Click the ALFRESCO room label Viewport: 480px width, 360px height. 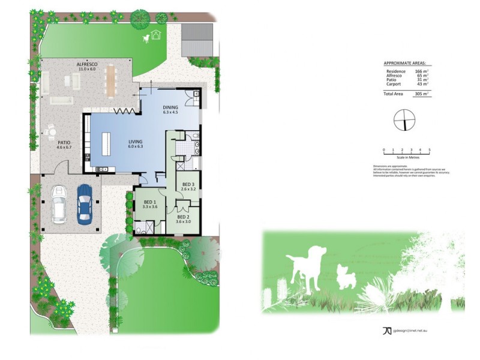point(87,63)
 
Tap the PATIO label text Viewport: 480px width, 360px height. point(64,142)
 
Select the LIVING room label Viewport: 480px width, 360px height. point(136,142)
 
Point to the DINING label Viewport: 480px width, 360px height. point(171,108)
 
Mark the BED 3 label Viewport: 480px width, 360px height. point(188,184)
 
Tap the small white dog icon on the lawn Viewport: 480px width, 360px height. point(146,39)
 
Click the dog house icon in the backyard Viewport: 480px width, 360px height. point(157,34)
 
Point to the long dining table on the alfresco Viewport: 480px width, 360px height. point(110,81)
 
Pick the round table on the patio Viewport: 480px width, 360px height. point(52,130)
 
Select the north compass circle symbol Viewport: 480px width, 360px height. point(405,121)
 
